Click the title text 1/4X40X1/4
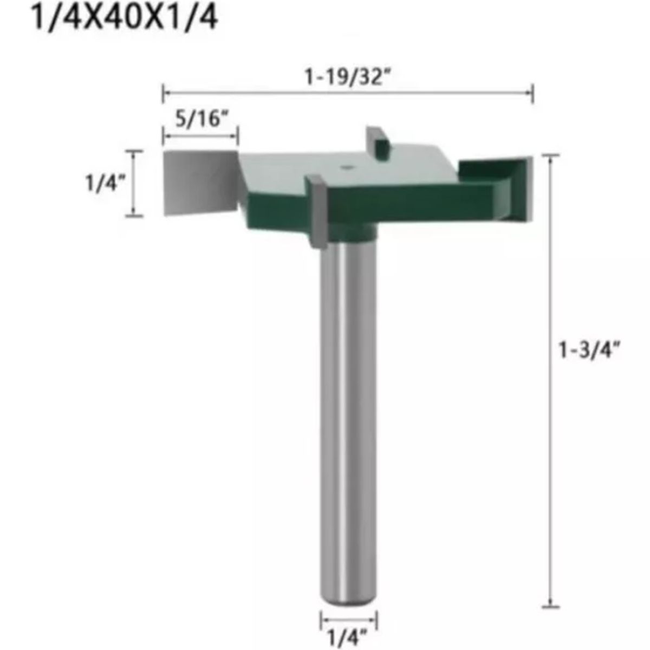pos(124,18)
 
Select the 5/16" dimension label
pos(201,119)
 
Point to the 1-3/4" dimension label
pos(589,349)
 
